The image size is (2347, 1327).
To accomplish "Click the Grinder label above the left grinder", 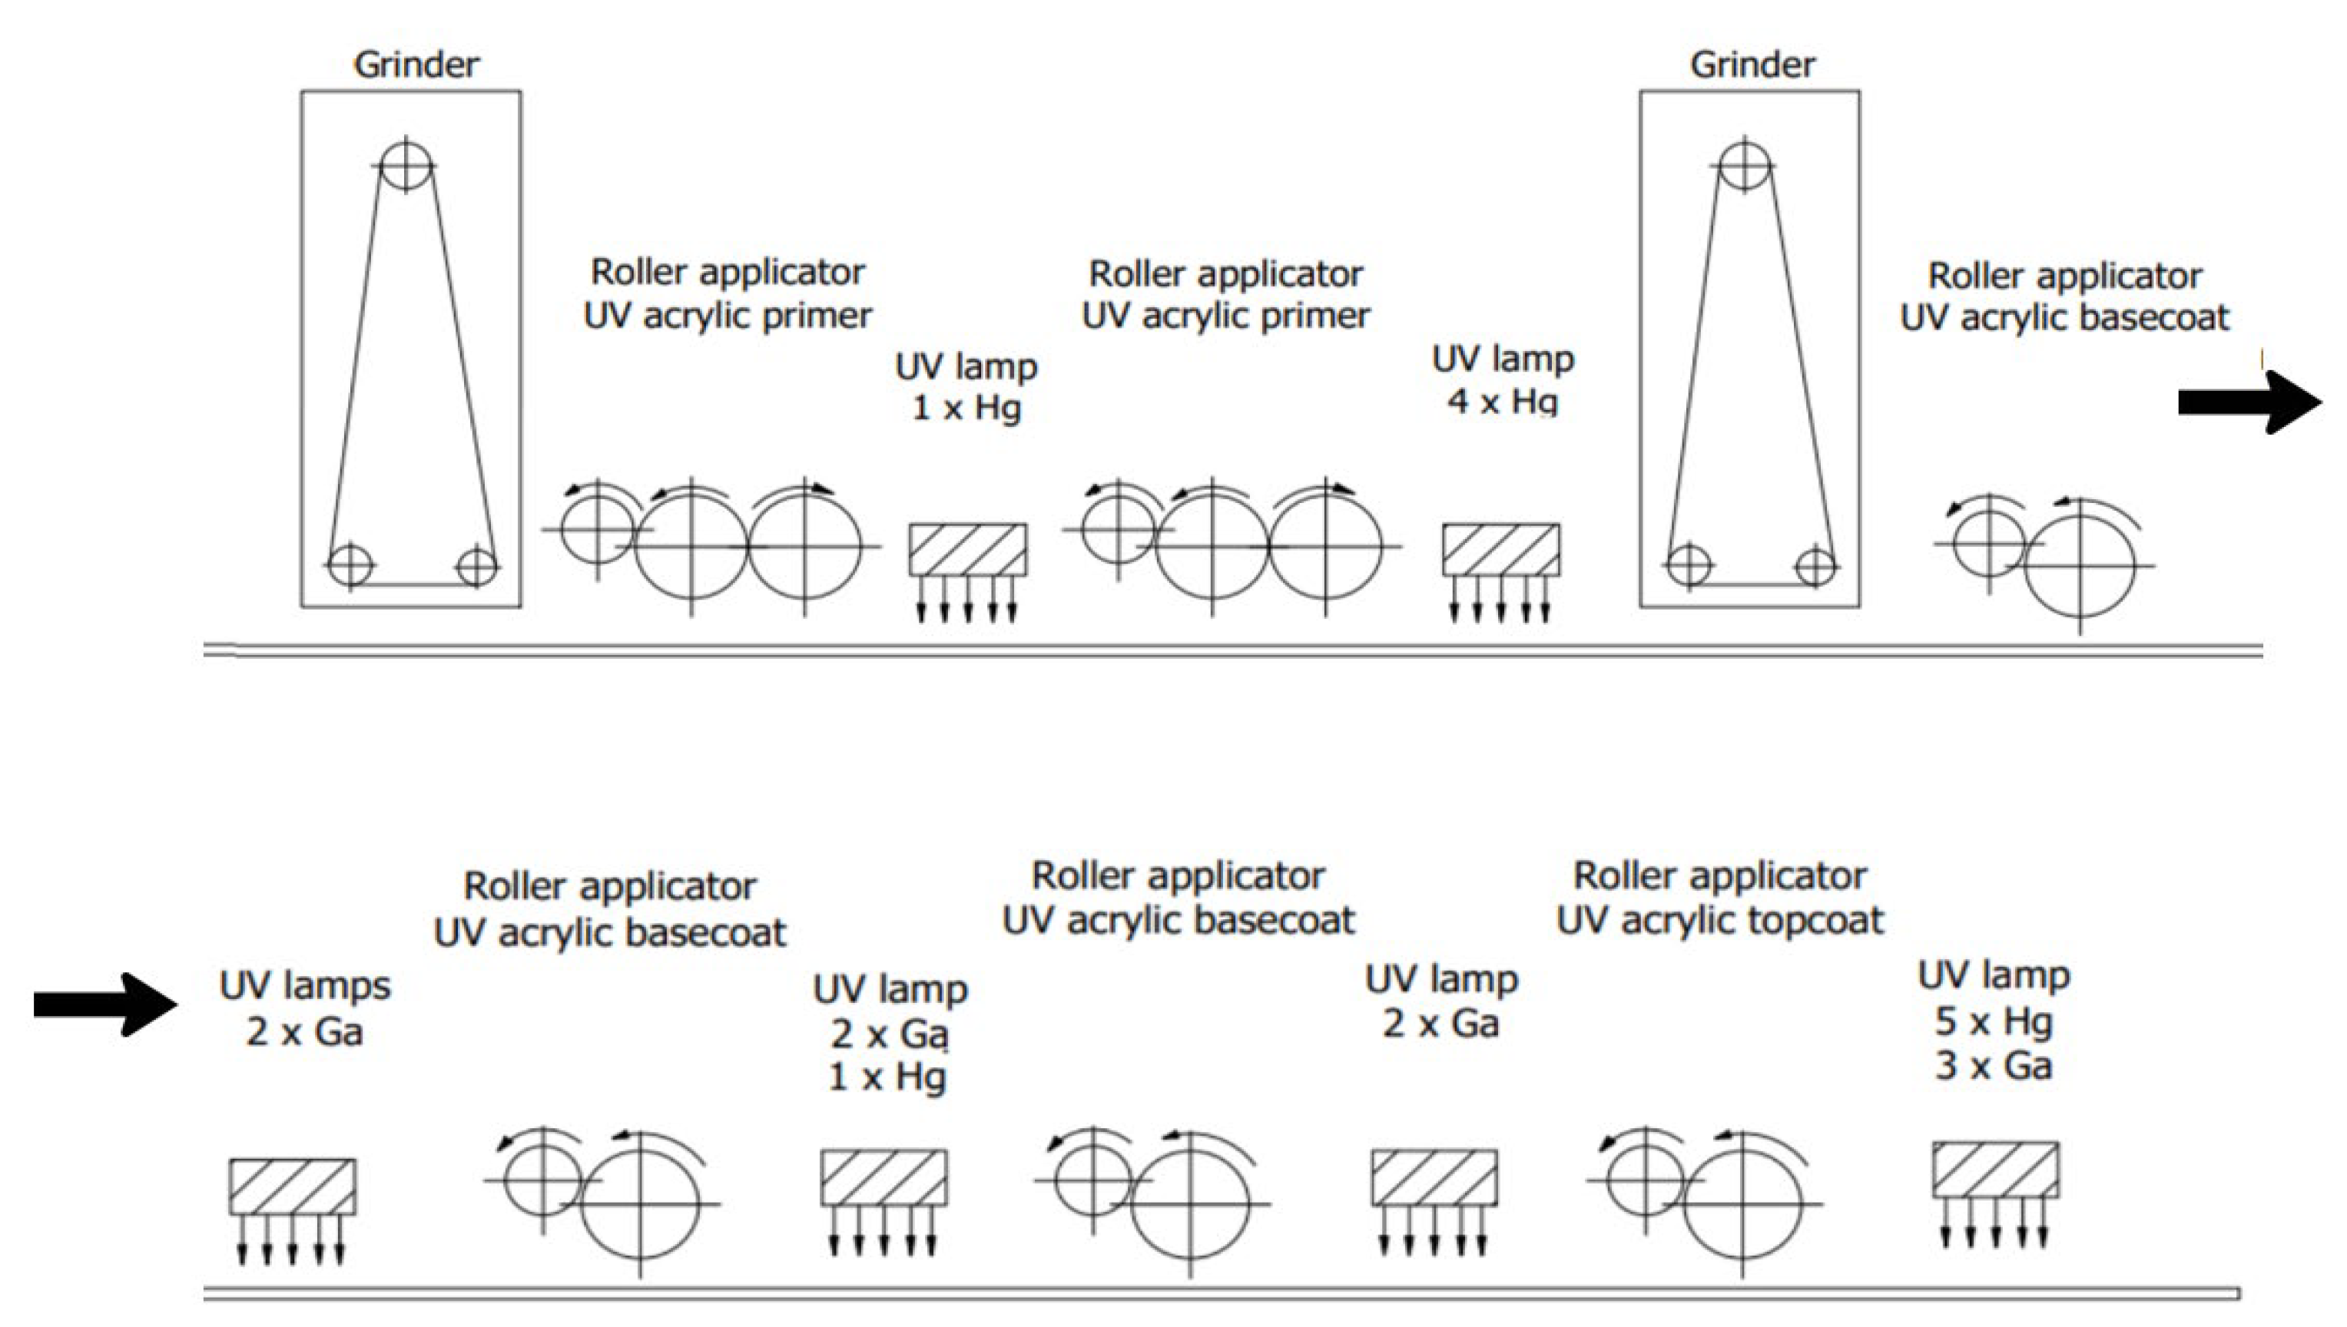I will [x=416, y=65].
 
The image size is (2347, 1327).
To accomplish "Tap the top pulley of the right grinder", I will [x=1744, y=165].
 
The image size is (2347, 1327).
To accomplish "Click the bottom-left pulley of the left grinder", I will [x=350, y=566].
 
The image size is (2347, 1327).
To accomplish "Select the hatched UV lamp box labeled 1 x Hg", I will [x=967, y=550].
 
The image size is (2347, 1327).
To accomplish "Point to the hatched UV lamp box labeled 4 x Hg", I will [x=1500, y=550].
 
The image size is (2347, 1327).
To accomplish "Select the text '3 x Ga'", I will [x=1994, y=1067].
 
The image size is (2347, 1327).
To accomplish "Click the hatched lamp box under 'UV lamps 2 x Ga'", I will [x=292, y=1186].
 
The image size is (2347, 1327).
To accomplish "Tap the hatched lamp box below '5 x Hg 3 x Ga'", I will [x=1995, y=1170].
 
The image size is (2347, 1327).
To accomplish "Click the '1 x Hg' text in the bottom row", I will [x=887, y=1077].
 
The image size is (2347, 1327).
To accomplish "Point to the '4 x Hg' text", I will [x=1502, y=401].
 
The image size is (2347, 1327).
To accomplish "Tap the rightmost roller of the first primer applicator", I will [x=804, y=547].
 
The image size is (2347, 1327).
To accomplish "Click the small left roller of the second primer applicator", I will [x=1119, y=528].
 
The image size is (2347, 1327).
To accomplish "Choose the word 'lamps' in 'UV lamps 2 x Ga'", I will [x=336, y=986].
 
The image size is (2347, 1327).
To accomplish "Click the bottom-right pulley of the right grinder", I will [x=1815, y=566].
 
